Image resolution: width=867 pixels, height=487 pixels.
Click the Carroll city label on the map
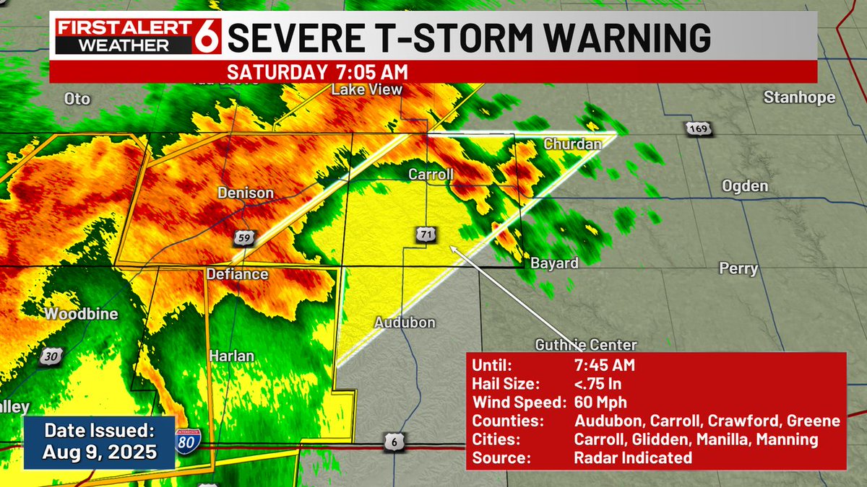pos(431,175)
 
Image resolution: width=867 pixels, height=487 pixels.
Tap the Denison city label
pos(246,193)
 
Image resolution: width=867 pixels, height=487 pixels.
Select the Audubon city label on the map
pos(405,323)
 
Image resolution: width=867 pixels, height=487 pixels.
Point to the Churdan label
pos(572,144)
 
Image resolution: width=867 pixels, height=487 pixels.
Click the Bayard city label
pos(554,263)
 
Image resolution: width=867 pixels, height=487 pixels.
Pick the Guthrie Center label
pos(586,344)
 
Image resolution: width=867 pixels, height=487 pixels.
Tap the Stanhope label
pos(799,97)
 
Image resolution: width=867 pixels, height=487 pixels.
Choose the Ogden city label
pos(745,186)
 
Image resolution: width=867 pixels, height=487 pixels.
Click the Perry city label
pos(738,269)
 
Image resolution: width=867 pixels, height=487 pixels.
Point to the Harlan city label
pos(231,356)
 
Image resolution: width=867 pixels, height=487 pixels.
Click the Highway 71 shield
pos(425,234)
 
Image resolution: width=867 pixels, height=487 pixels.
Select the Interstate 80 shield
pos(186,440)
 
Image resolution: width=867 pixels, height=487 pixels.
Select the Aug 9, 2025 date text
pos(100,452)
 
